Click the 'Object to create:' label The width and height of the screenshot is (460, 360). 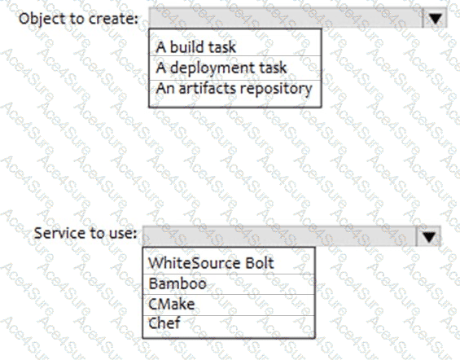[78, 19]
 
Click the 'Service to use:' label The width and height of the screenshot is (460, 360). [85, 233]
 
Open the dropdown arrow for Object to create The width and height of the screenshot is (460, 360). [435, 18]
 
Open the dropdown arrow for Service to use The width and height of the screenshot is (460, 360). [428, 236]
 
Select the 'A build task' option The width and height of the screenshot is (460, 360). [195, 47]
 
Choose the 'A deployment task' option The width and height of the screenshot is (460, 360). [221, 68]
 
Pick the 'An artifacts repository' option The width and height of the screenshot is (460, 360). [234, 89]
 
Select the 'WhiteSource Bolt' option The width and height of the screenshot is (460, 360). [211, 263]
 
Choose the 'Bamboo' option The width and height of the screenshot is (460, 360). [177, 283]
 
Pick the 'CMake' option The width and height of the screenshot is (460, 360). [172, 304]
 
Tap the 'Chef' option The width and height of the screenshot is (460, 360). [164, 323]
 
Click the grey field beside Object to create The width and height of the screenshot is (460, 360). [286, 18]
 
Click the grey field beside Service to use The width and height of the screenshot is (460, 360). [279, 236]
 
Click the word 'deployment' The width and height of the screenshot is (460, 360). [209, 68]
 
